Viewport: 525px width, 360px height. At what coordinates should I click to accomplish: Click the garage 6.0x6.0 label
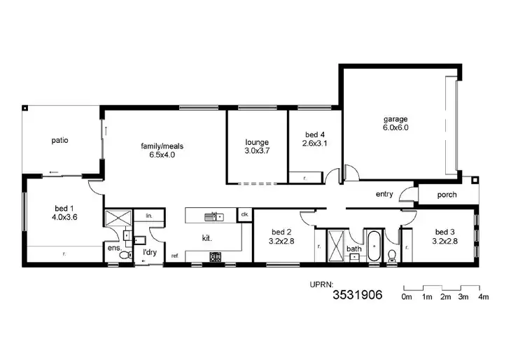coord(395,123)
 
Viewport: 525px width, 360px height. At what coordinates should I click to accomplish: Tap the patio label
coord(59,140)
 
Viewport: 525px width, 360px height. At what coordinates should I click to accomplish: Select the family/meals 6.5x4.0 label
coord(162,151)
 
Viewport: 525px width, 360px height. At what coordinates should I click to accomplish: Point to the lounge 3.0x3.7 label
coord(257,146)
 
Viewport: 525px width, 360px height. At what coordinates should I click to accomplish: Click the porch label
coord(447,195)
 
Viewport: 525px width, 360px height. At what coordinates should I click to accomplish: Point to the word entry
coord(384,195)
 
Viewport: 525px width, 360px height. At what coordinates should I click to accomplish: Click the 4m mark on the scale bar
coord(482,298)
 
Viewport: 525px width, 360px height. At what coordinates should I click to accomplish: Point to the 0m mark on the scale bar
coord(406,298)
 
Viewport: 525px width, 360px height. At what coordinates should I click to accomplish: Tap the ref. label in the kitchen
coord(174,256)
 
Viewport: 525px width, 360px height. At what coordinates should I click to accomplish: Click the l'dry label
coord(148,251)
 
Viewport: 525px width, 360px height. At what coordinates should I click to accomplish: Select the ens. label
coord(113,248)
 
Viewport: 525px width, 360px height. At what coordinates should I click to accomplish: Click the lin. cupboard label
coord(149,216)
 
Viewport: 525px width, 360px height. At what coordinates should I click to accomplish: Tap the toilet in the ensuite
coord(125,257)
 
